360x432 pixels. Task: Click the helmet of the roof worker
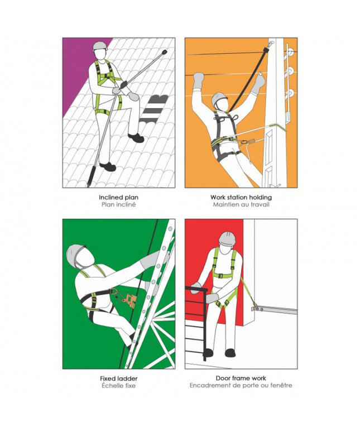[99, 46]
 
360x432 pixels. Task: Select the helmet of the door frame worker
[227, 238]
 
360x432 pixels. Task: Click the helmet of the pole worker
[219, 99]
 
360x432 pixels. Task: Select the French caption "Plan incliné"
[119, 205]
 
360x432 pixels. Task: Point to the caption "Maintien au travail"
[241, 205]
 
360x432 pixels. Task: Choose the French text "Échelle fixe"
[119, 386]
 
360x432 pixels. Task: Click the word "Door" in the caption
[222, 378]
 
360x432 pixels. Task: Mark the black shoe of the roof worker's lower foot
[108, 166]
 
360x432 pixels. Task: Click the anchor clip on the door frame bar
[256, 306]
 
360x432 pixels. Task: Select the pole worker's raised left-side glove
[198, 80]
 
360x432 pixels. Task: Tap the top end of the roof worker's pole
[165, 51]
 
